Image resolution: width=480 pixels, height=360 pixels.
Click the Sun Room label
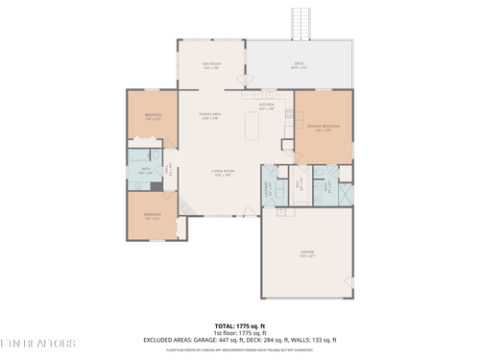pyautogui.click(x=211, y=66)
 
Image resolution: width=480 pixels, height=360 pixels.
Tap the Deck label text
pyautogui.click(x=299, y=66)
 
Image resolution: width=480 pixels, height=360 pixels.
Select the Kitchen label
pyautogui.click(x=266, y=107)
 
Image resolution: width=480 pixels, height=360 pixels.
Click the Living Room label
pyautogui.click(x=224, y=174)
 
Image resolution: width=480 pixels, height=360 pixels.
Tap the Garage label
pyautogui.click(x=306, y=254)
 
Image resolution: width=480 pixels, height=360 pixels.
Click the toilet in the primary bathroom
pyautogui.click(x=321, y=171)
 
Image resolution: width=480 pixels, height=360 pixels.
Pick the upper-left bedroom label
pyautogui.click(x=153, y=116)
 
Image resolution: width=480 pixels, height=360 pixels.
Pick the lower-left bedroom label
pyautogui.click(x=152, y=216)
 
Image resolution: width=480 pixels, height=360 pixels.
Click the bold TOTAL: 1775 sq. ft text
pyautogui.click(x=238, y=325)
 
